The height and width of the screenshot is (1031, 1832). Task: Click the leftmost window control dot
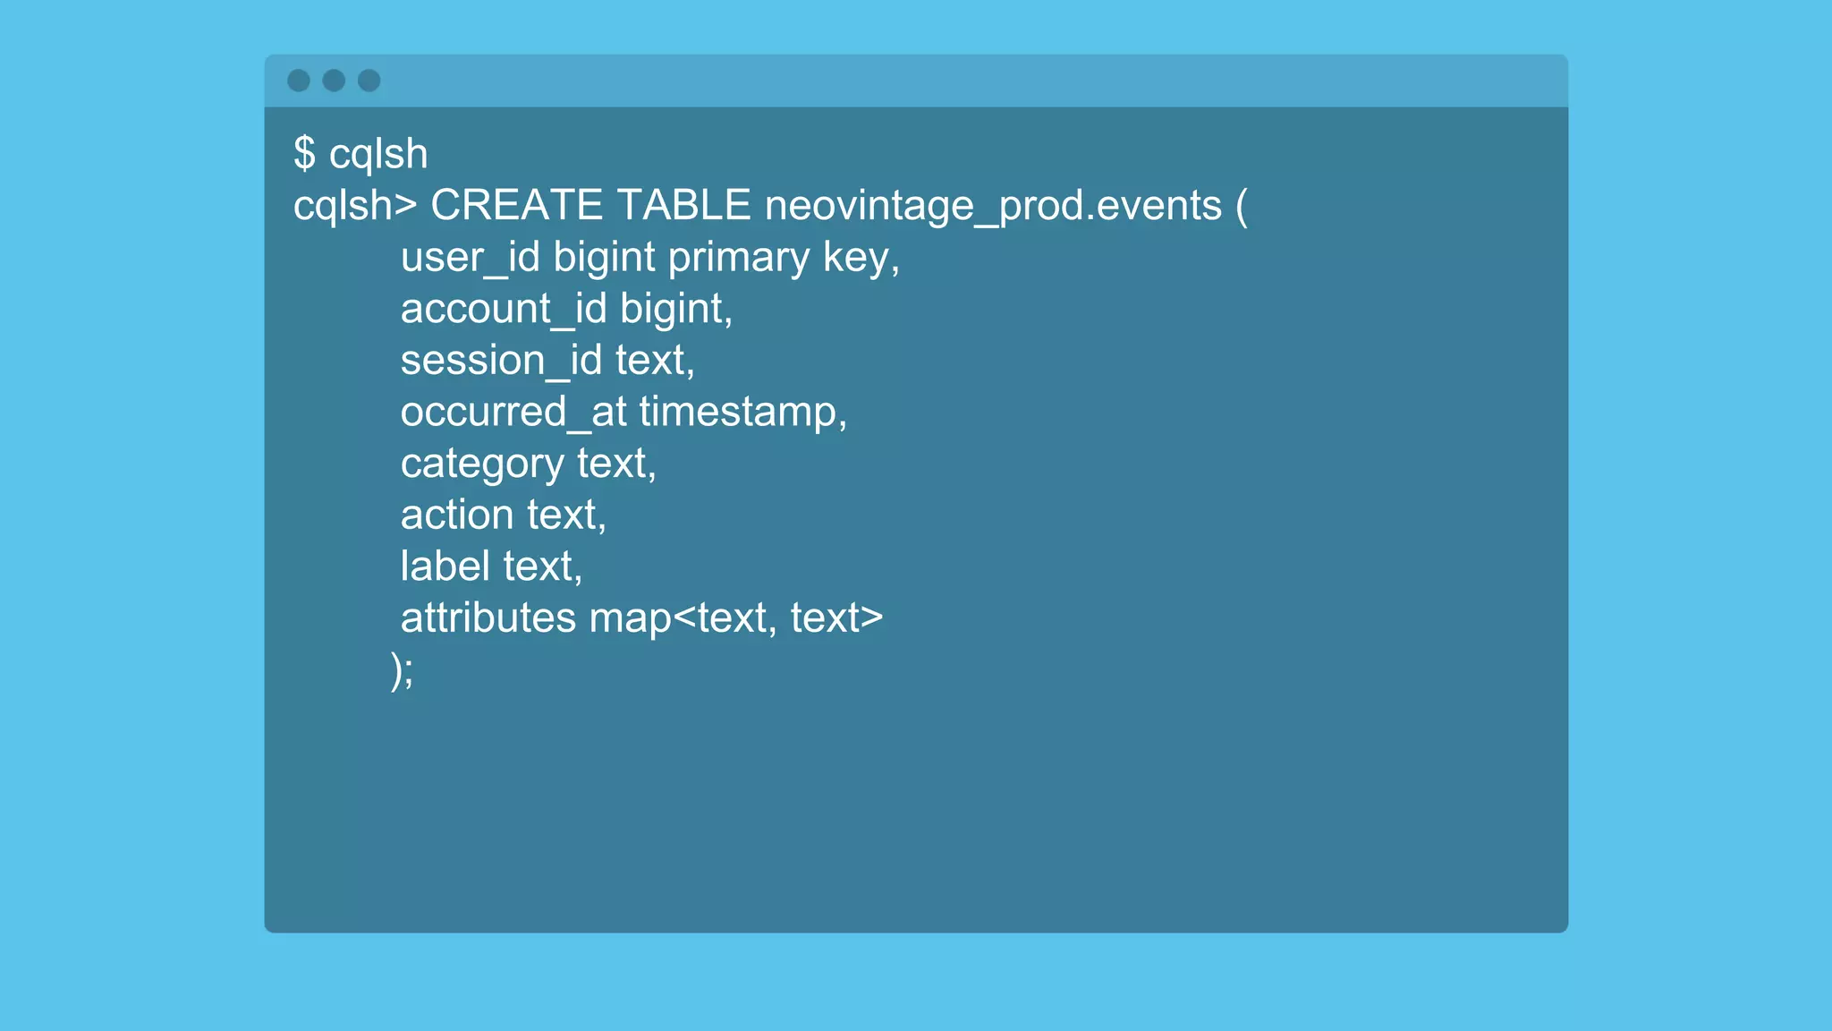pyautogui.click(x=299, y=81)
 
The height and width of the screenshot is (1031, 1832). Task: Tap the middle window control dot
pyautogui.click(x=334, y=81)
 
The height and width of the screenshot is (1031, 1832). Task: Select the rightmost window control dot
pyautogui.click(x=369, y=81)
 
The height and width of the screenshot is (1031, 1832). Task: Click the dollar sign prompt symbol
pyautogui.click(x=304, y=153)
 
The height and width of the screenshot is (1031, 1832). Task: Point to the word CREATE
pyautogui.click(x=516, y=205)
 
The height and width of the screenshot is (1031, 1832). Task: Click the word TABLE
pyautogui.click(x=683, y=205)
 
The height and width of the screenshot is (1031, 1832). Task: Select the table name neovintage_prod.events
pyautogui.click(x=993, y=207)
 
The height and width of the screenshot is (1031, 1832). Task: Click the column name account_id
pyautogui.click(x=504, y=310)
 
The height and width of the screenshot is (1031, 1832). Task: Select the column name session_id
pyautogui.click(x=501, y=361)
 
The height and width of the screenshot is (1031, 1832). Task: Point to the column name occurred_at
pyautogui.click(x=513, y=413)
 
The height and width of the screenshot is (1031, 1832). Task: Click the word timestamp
pyautogui.click(x=739, y=413)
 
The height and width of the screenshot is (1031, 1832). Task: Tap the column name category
pyautogui.click(x=482, y=464)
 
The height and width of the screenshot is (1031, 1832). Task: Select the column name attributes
pyautogui.click(x=488, y=618)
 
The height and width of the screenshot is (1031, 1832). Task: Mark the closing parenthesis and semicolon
pyautogui.click(x=402, y=670)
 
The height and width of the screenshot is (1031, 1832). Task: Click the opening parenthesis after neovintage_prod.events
pyautogui.click(x=1242, y=207)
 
